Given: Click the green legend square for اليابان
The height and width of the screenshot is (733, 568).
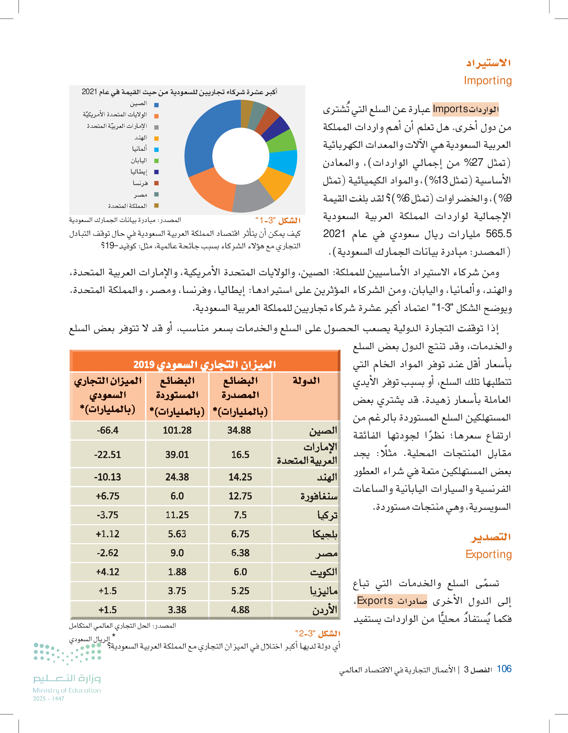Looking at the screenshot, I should [156, 161].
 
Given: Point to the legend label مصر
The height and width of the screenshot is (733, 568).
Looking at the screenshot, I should [141, 195].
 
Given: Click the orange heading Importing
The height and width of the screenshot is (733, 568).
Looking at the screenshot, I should [487, 81].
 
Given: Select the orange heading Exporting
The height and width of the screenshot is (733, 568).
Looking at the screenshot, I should [488, 554].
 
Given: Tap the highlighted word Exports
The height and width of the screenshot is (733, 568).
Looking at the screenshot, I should [375, 600].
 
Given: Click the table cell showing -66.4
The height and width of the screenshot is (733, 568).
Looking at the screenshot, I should [108, 430].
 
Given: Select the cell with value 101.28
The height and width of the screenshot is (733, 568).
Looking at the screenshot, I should [177, 430].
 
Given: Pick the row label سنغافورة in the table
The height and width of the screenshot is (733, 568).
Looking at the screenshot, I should [319, 496].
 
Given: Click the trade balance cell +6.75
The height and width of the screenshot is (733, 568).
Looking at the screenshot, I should [108, 496].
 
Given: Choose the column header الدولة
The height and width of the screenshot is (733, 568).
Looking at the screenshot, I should [306, 381].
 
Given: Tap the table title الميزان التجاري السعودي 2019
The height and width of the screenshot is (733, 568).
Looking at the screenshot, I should [205, 364].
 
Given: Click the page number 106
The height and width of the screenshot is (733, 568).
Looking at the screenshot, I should [504, 669].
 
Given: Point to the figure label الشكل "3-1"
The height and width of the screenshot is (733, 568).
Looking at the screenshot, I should [278, 220].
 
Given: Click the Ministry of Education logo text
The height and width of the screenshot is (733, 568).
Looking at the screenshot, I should [67, 690].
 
